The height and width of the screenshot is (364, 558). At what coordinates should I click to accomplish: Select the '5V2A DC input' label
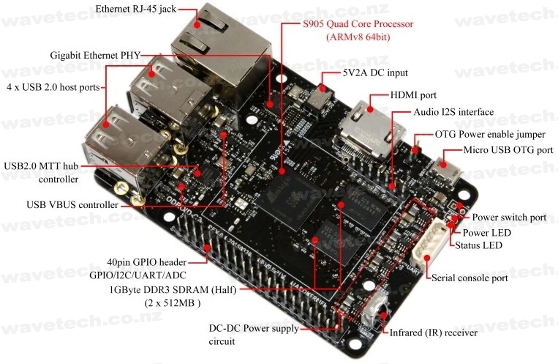(374, 73)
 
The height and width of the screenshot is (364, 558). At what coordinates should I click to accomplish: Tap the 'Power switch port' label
(509, 218)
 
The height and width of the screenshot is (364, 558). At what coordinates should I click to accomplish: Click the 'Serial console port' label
(470, 278)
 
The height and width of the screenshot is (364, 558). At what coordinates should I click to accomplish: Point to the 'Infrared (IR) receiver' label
(434, 333)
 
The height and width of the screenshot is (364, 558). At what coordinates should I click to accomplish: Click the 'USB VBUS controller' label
(72, 205)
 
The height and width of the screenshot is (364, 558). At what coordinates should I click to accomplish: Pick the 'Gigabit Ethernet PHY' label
(96, 55)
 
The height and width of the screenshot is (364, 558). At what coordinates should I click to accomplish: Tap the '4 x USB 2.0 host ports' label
(53, 86)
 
